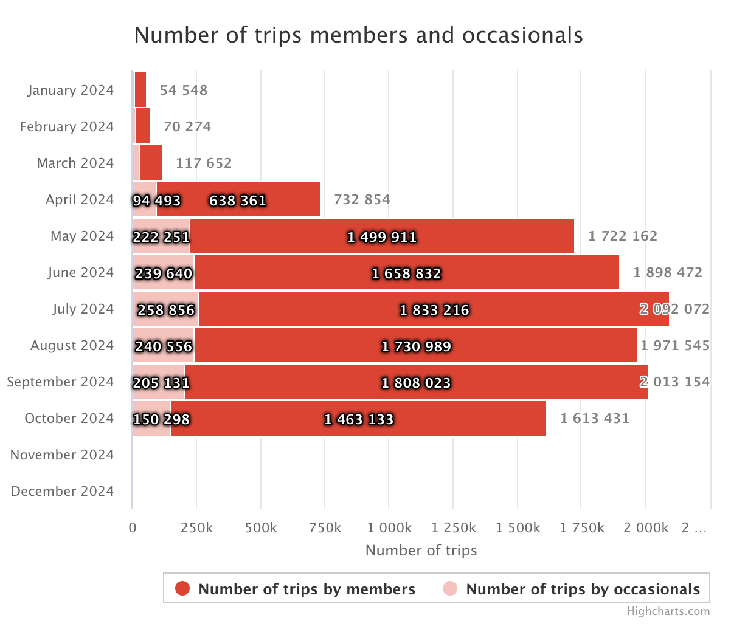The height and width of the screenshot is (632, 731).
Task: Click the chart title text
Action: [358, 35]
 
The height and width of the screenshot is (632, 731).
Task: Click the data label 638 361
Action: [238, 201]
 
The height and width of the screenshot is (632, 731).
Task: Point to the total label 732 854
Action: [362, 199]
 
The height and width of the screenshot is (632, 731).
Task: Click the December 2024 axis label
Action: [62, 491]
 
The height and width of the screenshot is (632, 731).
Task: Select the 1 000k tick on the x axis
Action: [389, 527]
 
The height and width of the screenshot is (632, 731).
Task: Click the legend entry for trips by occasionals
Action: [582, 589]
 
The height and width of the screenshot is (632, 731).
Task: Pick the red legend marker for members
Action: [182, 588]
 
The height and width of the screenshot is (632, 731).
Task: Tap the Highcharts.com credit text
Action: [668, 611]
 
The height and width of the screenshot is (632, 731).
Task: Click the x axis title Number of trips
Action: [421, 551]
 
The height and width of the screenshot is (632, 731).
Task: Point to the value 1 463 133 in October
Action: [359, 419]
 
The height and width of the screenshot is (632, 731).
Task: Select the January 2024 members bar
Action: [140, 90]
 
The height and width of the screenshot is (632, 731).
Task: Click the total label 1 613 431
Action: [595, 418]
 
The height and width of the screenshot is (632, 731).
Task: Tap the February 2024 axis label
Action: [66, 126]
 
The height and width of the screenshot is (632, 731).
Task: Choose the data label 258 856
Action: [165, 310]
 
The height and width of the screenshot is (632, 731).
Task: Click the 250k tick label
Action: [196, 527]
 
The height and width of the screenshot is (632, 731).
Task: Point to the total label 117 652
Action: [204, 163]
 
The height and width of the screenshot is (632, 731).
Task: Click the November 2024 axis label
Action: [62, 455]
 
